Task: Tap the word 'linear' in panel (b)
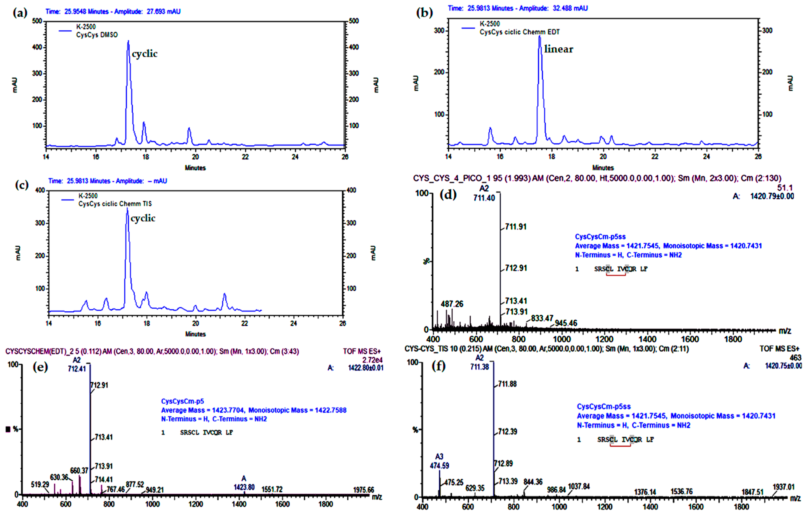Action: [558, 49]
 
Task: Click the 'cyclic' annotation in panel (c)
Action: [143, 218]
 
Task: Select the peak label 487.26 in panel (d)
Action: [452, 304]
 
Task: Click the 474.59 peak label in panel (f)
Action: [440, 466]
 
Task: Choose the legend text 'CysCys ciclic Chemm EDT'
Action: [519, 32]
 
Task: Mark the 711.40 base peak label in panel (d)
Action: [484, 198]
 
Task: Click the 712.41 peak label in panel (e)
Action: [77, 369]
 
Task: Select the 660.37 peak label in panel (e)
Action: [79, 470]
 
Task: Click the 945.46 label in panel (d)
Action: [566, 323]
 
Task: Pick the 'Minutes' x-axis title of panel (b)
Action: [603, 168]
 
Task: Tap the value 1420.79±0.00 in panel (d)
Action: [772, 196]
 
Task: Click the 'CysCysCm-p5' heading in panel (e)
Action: [182, 401]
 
